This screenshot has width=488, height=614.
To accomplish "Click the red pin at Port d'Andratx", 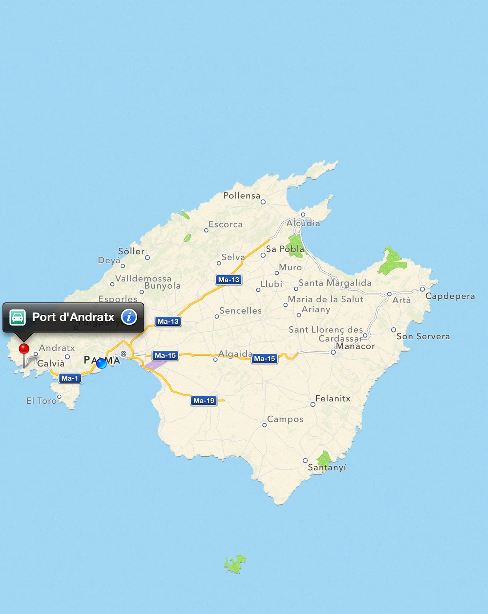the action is [x=24, y=349].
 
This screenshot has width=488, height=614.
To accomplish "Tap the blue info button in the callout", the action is [x=129, y=317].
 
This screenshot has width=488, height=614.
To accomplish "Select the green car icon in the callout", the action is [x=18, y=317].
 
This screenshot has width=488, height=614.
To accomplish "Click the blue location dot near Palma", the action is [x=101, y=363].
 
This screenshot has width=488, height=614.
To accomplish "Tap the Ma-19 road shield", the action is [x=204, y=401].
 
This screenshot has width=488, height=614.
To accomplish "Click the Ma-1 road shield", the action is [x=70, y=378].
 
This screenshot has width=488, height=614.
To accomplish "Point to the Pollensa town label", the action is [x=242, y=196].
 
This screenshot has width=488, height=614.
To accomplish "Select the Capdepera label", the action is [x=450, y=296].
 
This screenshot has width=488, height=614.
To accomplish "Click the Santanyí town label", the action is [x=327, y=467].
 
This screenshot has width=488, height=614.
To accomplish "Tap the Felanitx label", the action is [x=333, y=399].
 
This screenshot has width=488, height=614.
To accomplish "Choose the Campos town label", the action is [x=285, y=419].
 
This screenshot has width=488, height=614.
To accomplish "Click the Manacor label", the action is [x=355, y=346].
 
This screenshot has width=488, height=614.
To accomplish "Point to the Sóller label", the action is [x=131, y=251].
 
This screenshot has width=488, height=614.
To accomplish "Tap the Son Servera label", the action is [x=423, y=337].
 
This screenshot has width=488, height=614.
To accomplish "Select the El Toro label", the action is [x=41, y=401].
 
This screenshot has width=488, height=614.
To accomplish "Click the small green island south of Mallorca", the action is [x=235, y=564].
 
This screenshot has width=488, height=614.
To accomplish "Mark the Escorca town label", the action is [x=226, y=224].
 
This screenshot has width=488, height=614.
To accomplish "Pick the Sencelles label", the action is [x=241, y=310].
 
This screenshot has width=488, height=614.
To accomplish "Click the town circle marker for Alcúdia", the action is [x=303, y=215].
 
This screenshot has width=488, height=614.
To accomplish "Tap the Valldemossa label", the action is [x=143, y=278].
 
